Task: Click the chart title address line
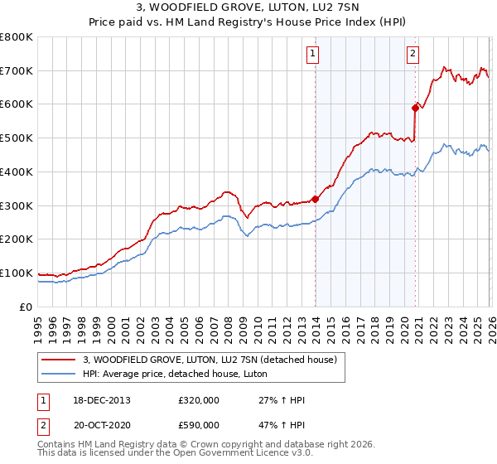point(248,7)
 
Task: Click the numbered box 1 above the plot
point(313,55)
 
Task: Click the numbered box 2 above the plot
point(413,55)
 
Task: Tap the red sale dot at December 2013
point(316,199)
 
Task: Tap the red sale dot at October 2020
point(415,107)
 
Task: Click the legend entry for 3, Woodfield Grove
point(210,360)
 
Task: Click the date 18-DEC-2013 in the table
point(101,400)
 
